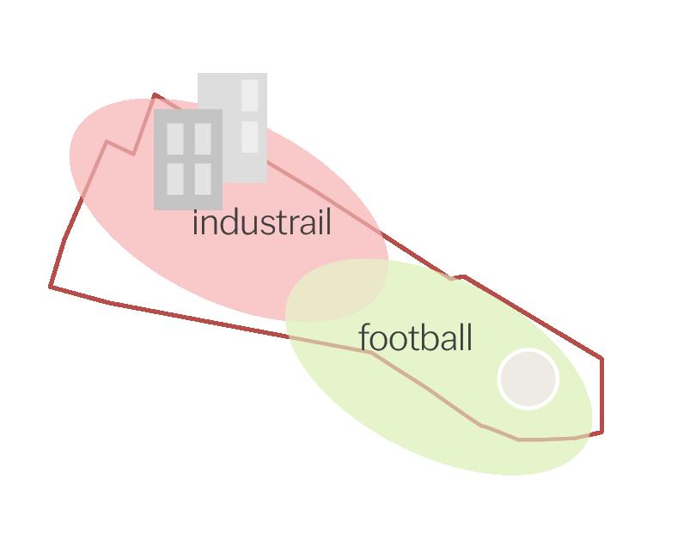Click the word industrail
(x=261, y=224)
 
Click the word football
(x=416, y=338)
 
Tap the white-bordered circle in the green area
(x=528, y=379)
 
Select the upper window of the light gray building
(x=249, y=95)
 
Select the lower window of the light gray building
(x=249, y=136)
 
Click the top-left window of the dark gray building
(x=175, y=138)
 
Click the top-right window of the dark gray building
(x=203, y=138)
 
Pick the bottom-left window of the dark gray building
(x=175, y=179)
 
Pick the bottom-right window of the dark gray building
(x=203, y=179)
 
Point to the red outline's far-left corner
(x=51, y=286)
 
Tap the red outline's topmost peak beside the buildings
(x=155, y=94)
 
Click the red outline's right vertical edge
(x=601, y=395)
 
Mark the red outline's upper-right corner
(x=601, y=359)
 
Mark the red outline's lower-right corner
(x=601, y=431)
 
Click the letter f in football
(x=365, y=337)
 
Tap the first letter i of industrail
(x=195, y=224)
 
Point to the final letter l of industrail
(x=328, y=222)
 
